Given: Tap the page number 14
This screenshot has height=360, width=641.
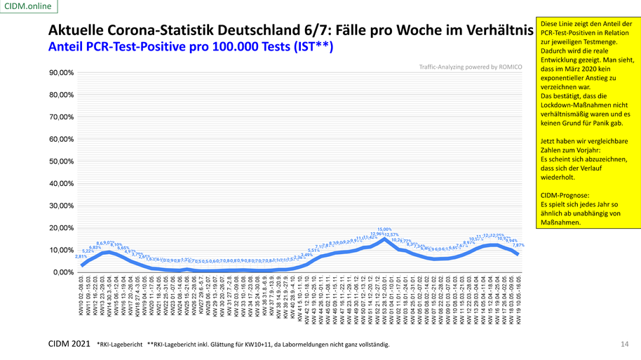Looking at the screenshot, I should point(624,344).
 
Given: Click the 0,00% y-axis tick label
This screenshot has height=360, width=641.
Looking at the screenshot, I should point(62,272).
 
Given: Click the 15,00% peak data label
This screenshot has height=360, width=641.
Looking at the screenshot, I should point(384,229).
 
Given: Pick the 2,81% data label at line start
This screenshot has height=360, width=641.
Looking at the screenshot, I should point(81,257).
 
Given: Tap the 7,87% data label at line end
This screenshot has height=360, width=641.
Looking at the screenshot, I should point(519,246).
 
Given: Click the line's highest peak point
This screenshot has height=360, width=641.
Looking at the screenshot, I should point(384,239).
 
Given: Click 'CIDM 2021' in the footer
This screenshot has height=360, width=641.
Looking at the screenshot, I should point(69,344).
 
